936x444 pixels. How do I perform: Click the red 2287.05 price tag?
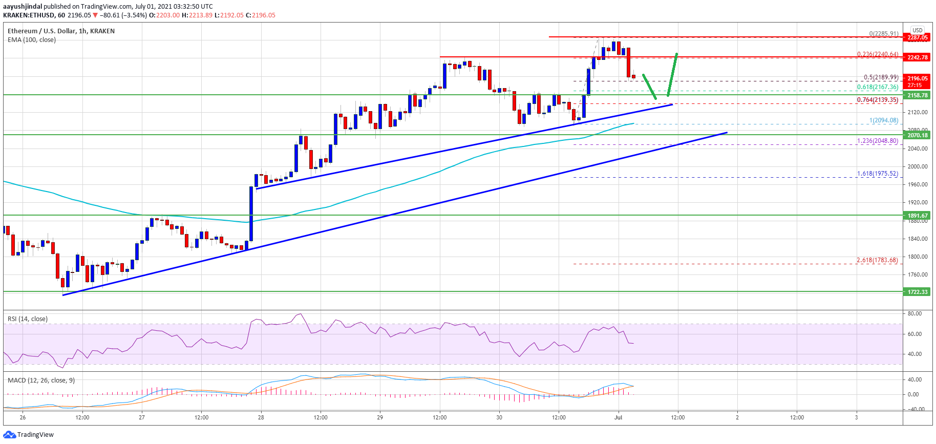point(918,37)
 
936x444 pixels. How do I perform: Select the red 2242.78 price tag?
point(918,57)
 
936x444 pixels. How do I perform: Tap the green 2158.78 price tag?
point(918,95)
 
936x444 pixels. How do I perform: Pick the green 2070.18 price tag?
point(918,135)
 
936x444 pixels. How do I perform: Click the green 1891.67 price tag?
point(918,216)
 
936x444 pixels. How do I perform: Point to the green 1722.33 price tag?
point(918,292)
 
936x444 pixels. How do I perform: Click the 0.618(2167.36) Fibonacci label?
point(878,87)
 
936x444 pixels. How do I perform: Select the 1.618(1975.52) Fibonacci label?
point(878,174)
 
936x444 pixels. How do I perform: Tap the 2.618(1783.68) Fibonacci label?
point(877,260)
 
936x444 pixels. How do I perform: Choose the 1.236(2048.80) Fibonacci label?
point(878,141)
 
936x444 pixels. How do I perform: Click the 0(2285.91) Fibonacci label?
point(884,34)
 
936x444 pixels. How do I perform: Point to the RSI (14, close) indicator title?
point(28,319)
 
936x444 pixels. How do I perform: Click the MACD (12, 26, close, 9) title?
point(41,380)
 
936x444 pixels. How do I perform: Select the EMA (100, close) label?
point(32,40)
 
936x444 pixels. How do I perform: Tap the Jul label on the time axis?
point(618,417)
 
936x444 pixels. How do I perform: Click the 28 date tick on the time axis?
point(261,417)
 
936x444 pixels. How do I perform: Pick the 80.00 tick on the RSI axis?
point(914,313)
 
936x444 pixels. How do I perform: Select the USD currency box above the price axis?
point(918,30)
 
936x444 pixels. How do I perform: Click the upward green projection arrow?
point(673,74)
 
